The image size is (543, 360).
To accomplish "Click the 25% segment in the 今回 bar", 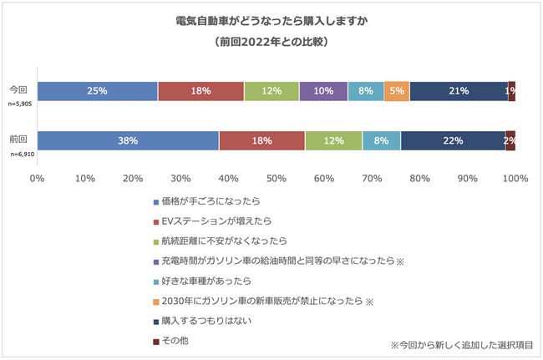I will tap(97, 90).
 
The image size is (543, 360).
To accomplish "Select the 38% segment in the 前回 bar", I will tap(128, 140).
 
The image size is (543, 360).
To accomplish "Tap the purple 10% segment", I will tap(322, 90).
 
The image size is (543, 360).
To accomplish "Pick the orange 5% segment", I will tap(397, 90).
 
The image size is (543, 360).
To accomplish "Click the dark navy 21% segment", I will tap(459, 90).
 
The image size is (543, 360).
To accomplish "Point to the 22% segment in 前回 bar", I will tap(453, 140).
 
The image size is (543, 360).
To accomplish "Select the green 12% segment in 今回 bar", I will tap(271, 90).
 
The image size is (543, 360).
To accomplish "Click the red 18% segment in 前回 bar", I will tap(261, 140).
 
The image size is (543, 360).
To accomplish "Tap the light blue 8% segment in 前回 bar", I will tap(381, 140).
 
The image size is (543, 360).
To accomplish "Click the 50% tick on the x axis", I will tap(276, 179).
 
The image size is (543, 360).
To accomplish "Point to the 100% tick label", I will tap(515, 179).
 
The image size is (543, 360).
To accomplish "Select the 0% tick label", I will tap(37, 179).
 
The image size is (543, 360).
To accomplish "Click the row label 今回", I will tap(18, 89).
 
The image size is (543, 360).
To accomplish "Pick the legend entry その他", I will tap(178, 341).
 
